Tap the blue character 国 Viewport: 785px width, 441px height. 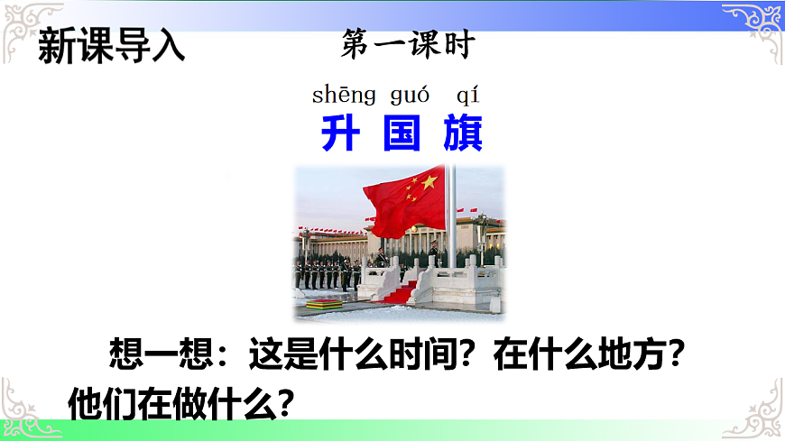(402, 134)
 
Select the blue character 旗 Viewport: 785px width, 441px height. (463, 134)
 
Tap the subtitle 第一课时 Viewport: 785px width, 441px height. (407, 45)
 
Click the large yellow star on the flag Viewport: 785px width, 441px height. (429, 182)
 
